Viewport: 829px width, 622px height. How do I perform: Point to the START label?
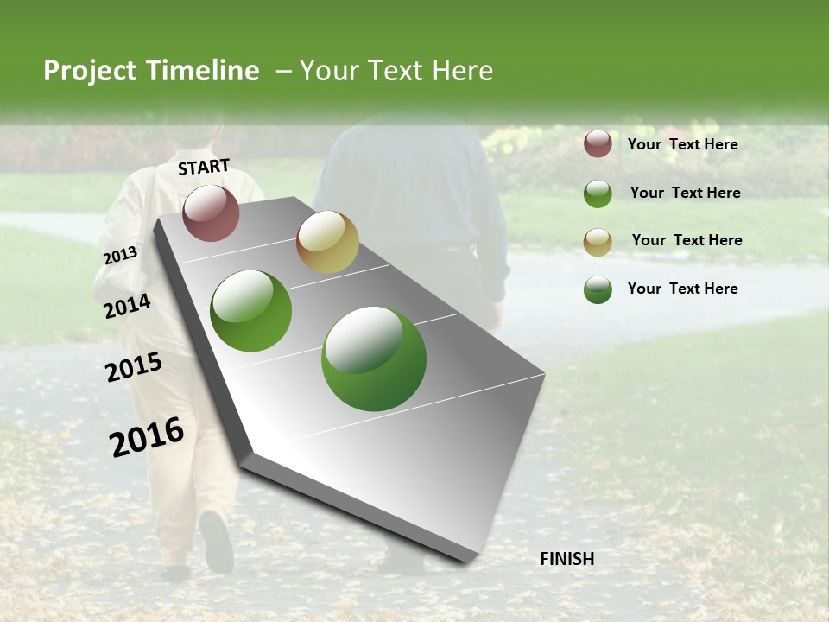tap(204, 167)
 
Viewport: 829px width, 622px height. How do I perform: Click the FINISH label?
tap(566, 559)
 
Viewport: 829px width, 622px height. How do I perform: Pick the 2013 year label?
tap(120, 256)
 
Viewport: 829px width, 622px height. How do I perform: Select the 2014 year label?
tap(127, 306)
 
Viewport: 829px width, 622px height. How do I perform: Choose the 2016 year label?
tap(147, 437)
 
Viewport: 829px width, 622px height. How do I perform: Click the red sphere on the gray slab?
tap(211, 213)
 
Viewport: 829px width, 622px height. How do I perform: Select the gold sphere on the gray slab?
tap(327, 242)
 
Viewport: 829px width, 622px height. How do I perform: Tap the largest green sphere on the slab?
tap(373, 359)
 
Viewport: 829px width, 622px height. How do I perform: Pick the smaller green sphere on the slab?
tap(250, 311)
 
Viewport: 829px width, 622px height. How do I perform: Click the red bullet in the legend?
tap(598, 143)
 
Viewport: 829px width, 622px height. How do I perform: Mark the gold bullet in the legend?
tap(598, 241)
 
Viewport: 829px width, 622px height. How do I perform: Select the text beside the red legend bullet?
tap(682, 144)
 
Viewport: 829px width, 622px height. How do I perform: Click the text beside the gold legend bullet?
tap(687, 240)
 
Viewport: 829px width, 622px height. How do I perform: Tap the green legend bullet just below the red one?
tap(598, 194)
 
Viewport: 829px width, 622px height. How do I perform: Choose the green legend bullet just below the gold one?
tap(598, 289)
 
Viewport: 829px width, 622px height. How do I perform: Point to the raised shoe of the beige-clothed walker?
tap(216, 539)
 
